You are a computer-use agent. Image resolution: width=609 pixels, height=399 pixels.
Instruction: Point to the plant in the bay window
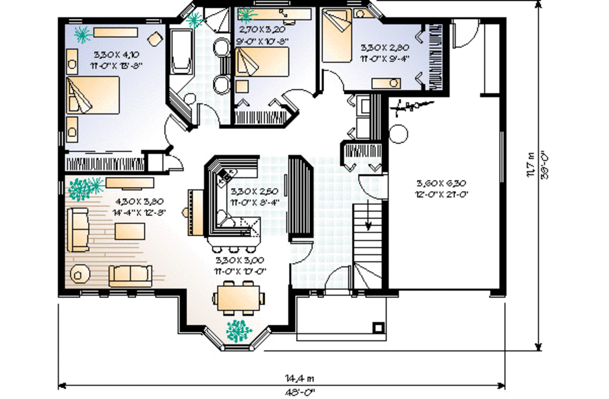(239, 330)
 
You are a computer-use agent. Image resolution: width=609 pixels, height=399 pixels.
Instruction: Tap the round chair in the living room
(79, 274)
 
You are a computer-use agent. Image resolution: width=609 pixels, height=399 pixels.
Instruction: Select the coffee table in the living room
(130, 230)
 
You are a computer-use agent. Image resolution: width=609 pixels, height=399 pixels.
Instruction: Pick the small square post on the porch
(377, 326)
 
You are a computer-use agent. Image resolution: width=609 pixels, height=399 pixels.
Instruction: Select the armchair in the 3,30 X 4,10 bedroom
(155, 39)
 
